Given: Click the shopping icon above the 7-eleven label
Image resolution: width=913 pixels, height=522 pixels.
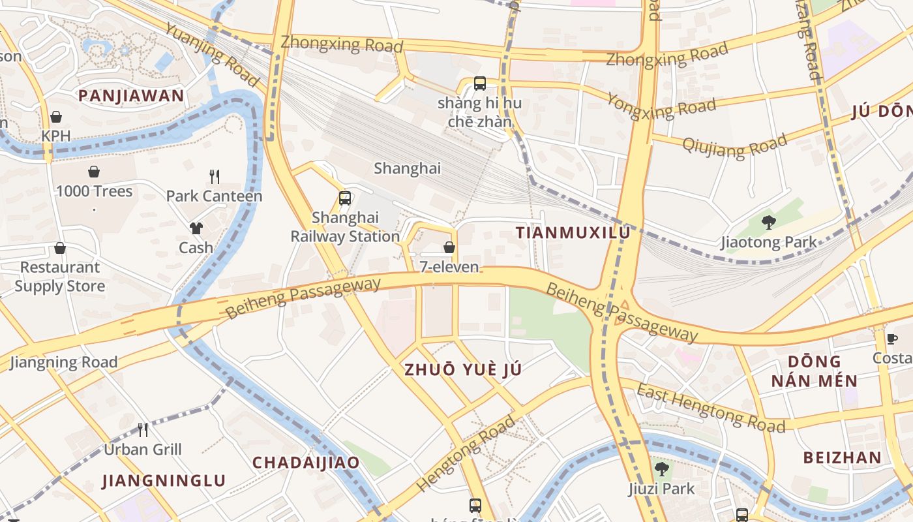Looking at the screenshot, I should coord(449,247).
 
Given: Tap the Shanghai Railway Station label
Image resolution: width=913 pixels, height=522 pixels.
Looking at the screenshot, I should coord(345,226).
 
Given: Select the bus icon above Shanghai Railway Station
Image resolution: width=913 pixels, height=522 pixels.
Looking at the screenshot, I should coord(345,198).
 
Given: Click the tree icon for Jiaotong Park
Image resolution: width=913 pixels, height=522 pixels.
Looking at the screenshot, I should coord(769,223).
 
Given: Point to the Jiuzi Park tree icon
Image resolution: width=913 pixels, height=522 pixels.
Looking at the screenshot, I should coord(662,468).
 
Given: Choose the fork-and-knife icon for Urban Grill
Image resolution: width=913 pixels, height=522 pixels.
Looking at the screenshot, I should coord(143,429).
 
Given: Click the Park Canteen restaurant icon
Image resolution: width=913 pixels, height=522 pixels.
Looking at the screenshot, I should coord(214,176).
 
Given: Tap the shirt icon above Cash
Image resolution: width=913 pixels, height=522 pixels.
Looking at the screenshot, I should coord(196,228).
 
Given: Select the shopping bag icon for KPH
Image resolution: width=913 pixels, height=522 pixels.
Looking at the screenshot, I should coord(56,117).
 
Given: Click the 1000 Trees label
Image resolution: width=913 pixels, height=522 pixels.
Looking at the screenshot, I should coord(94,191).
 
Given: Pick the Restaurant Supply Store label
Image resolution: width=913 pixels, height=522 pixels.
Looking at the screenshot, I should coord(59,277).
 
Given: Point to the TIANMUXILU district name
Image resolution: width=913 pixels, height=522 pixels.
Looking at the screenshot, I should coord(573,232).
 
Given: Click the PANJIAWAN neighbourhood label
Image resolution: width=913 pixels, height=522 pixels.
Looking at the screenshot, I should coord(131,96).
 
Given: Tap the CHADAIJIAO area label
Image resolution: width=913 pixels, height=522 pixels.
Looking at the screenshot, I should coord(306,463).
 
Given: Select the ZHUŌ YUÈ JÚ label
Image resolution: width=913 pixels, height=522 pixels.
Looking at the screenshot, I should coord(463,369).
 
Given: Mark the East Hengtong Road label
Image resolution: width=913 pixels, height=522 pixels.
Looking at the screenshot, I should coord(710,408).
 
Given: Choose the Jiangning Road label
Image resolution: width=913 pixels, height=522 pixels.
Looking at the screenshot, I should coord(63,362).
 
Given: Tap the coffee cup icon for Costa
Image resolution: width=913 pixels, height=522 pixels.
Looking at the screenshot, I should coord(892,338).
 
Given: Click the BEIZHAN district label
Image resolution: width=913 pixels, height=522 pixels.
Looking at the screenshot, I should coord(842,457).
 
